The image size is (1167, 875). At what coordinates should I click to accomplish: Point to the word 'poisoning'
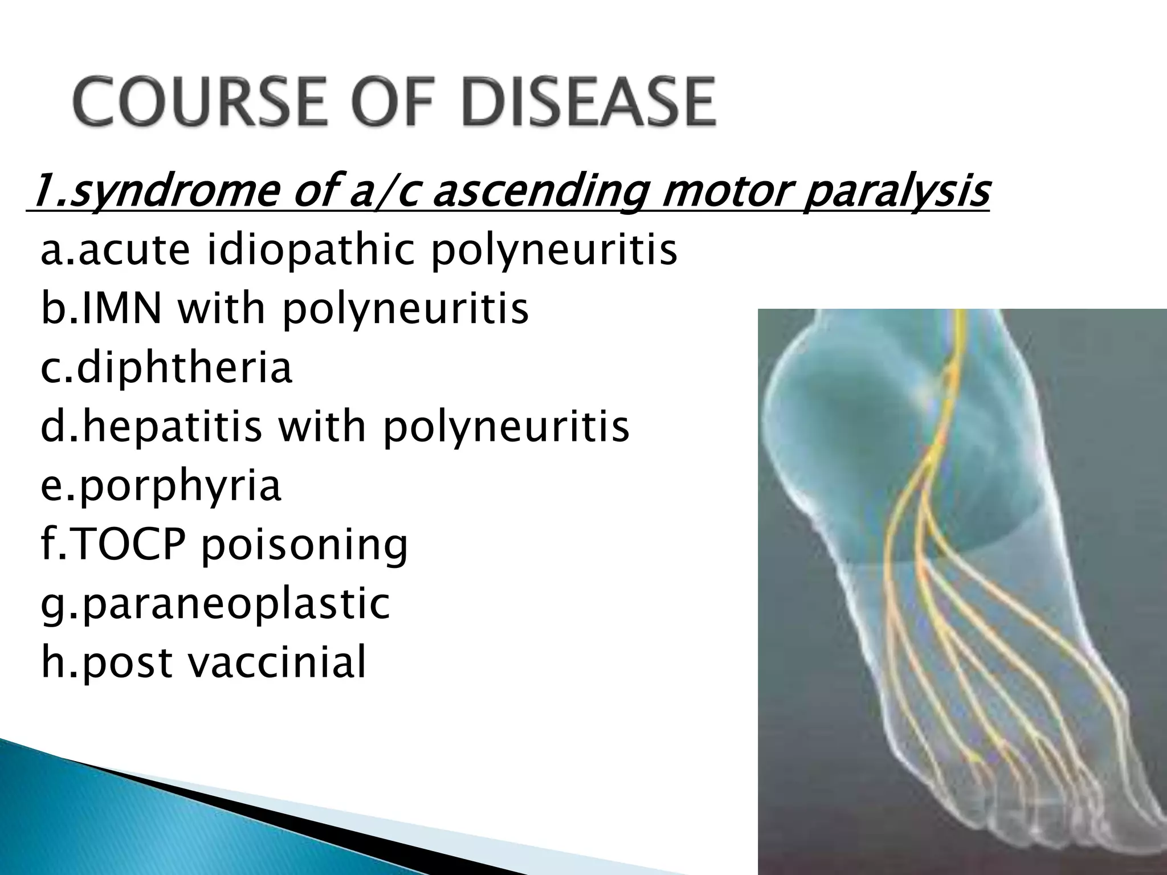pos(304,546)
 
